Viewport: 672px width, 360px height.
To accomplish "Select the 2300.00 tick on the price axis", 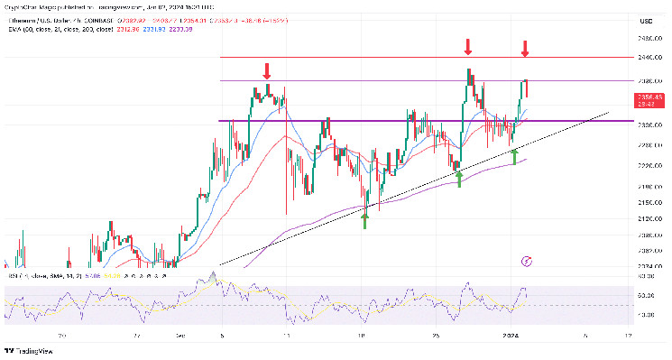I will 645,124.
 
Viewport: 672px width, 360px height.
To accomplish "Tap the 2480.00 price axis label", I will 645,39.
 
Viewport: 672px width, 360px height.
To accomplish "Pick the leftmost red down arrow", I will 267,70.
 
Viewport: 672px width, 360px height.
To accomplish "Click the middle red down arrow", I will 468,46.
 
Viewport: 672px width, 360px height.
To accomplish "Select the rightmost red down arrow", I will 525,48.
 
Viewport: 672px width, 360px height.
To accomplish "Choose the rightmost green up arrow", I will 514,156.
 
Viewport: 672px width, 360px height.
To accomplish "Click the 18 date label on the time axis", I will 361,335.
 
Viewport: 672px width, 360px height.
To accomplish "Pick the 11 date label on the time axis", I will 286,335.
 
